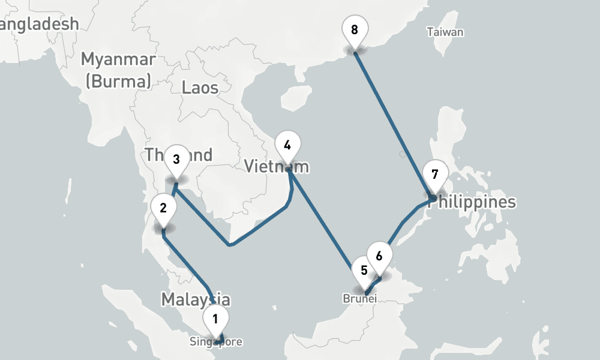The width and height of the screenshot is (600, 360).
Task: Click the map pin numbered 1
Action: [x=215, y=318]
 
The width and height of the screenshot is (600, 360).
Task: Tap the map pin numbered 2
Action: [x=163, y=208]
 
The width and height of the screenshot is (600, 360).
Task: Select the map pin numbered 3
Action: [x=176, y=159]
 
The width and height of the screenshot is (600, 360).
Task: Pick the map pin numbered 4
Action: [x=287, y=145]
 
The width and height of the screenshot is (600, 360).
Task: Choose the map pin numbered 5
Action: [x=364, y=270]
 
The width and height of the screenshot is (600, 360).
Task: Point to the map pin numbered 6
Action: [x=379, y=256]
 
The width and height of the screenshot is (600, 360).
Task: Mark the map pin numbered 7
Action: [x=435, y=175]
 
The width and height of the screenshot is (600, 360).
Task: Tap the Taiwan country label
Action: [x=445, y=32]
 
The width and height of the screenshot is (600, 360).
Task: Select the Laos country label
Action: [x=200, y=88]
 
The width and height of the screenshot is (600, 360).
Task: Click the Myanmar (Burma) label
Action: [x=118, y=70]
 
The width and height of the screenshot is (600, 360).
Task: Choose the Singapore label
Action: [x=216, y=343]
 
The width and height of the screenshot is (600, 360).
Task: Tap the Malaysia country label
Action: [x=195, y=299]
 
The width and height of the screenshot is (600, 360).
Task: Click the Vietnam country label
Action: [x=277, y=166]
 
